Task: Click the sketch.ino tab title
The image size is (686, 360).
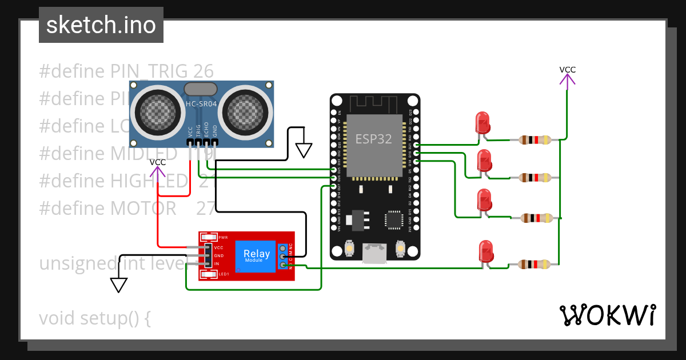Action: click(101, 25)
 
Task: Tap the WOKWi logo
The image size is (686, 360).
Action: click(607, 315)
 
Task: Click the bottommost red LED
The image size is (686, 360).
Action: click(485, 251)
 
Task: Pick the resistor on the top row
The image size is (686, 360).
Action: click(535, 139)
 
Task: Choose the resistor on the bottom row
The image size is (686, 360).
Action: click(535, 264)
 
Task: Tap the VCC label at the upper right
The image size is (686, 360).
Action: click(567, 70)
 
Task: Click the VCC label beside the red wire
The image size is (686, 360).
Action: click(158, 162)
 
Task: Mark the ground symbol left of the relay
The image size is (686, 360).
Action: click(118, 284)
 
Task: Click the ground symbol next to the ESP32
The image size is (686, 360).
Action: click(304, 150)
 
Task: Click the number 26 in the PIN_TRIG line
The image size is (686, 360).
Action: click(203, 71)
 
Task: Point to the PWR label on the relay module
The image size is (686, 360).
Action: click(223, 237)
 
